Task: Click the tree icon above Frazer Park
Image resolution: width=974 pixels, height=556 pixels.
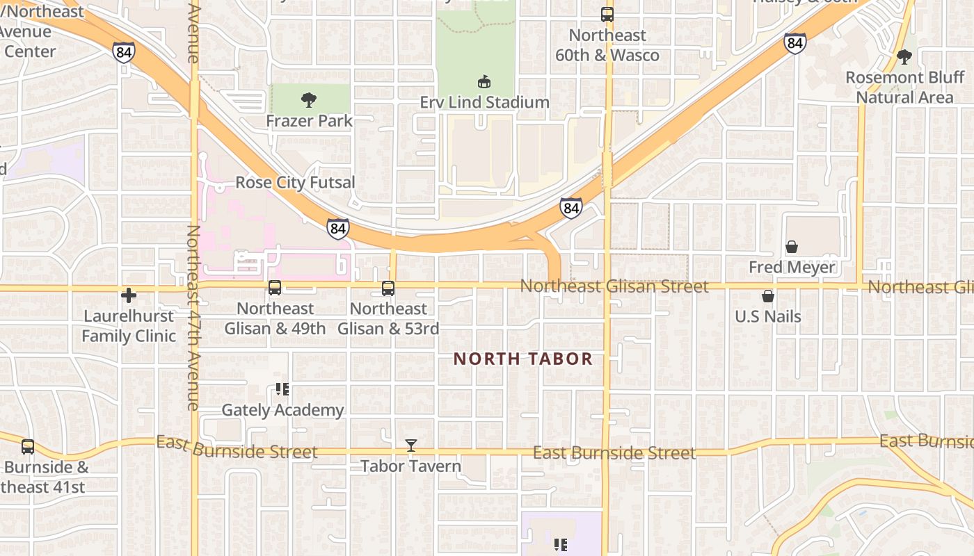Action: coord(309,100)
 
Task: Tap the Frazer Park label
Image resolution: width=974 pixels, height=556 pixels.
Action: coord(309,121)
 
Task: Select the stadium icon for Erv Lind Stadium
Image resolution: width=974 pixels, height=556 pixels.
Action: coord(484,82)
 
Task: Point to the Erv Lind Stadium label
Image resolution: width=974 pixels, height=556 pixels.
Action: coord(484,102)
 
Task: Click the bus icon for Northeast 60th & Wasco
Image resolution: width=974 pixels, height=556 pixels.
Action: coord(607,14)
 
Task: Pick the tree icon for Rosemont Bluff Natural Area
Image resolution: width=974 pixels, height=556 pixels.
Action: coord(904,57)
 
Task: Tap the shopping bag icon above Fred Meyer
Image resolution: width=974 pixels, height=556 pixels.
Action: coord(792,247)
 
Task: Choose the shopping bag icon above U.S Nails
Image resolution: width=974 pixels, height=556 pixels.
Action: coord(768,297)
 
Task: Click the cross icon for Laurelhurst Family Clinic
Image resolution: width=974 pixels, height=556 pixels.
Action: coord(129,296)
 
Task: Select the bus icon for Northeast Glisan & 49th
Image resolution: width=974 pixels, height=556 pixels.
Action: coord(275,288)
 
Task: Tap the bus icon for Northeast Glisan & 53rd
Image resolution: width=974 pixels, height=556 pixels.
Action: coord(388,288)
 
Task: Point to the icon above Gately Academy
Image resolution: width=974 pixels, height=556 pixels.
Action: coord(282,389)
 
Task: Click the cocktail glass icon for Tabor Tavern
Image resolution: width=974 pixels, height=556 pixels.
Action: coord(411,445)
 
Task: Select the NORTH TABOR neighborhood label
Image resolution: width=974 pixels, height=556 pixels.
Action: coord(523,359)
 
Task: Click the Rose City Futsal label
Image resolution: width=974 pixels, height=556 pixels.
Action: coord(295,182)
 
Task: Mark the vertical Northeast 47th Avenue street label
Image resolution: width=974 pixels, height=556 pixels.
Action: coord(193,317)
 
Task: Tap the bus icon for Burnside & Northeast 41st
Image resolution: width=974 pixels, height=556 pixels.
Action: coord(28,447)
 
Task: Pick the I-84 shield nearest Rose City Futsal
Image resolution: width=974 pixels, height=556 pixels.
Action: coord(337,228)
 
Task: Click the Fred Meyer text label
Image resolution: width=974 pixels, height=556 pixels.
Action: coord(792,267)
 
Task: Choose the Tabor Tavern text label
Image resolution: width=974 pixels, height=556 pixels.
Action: coord(410,466)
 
